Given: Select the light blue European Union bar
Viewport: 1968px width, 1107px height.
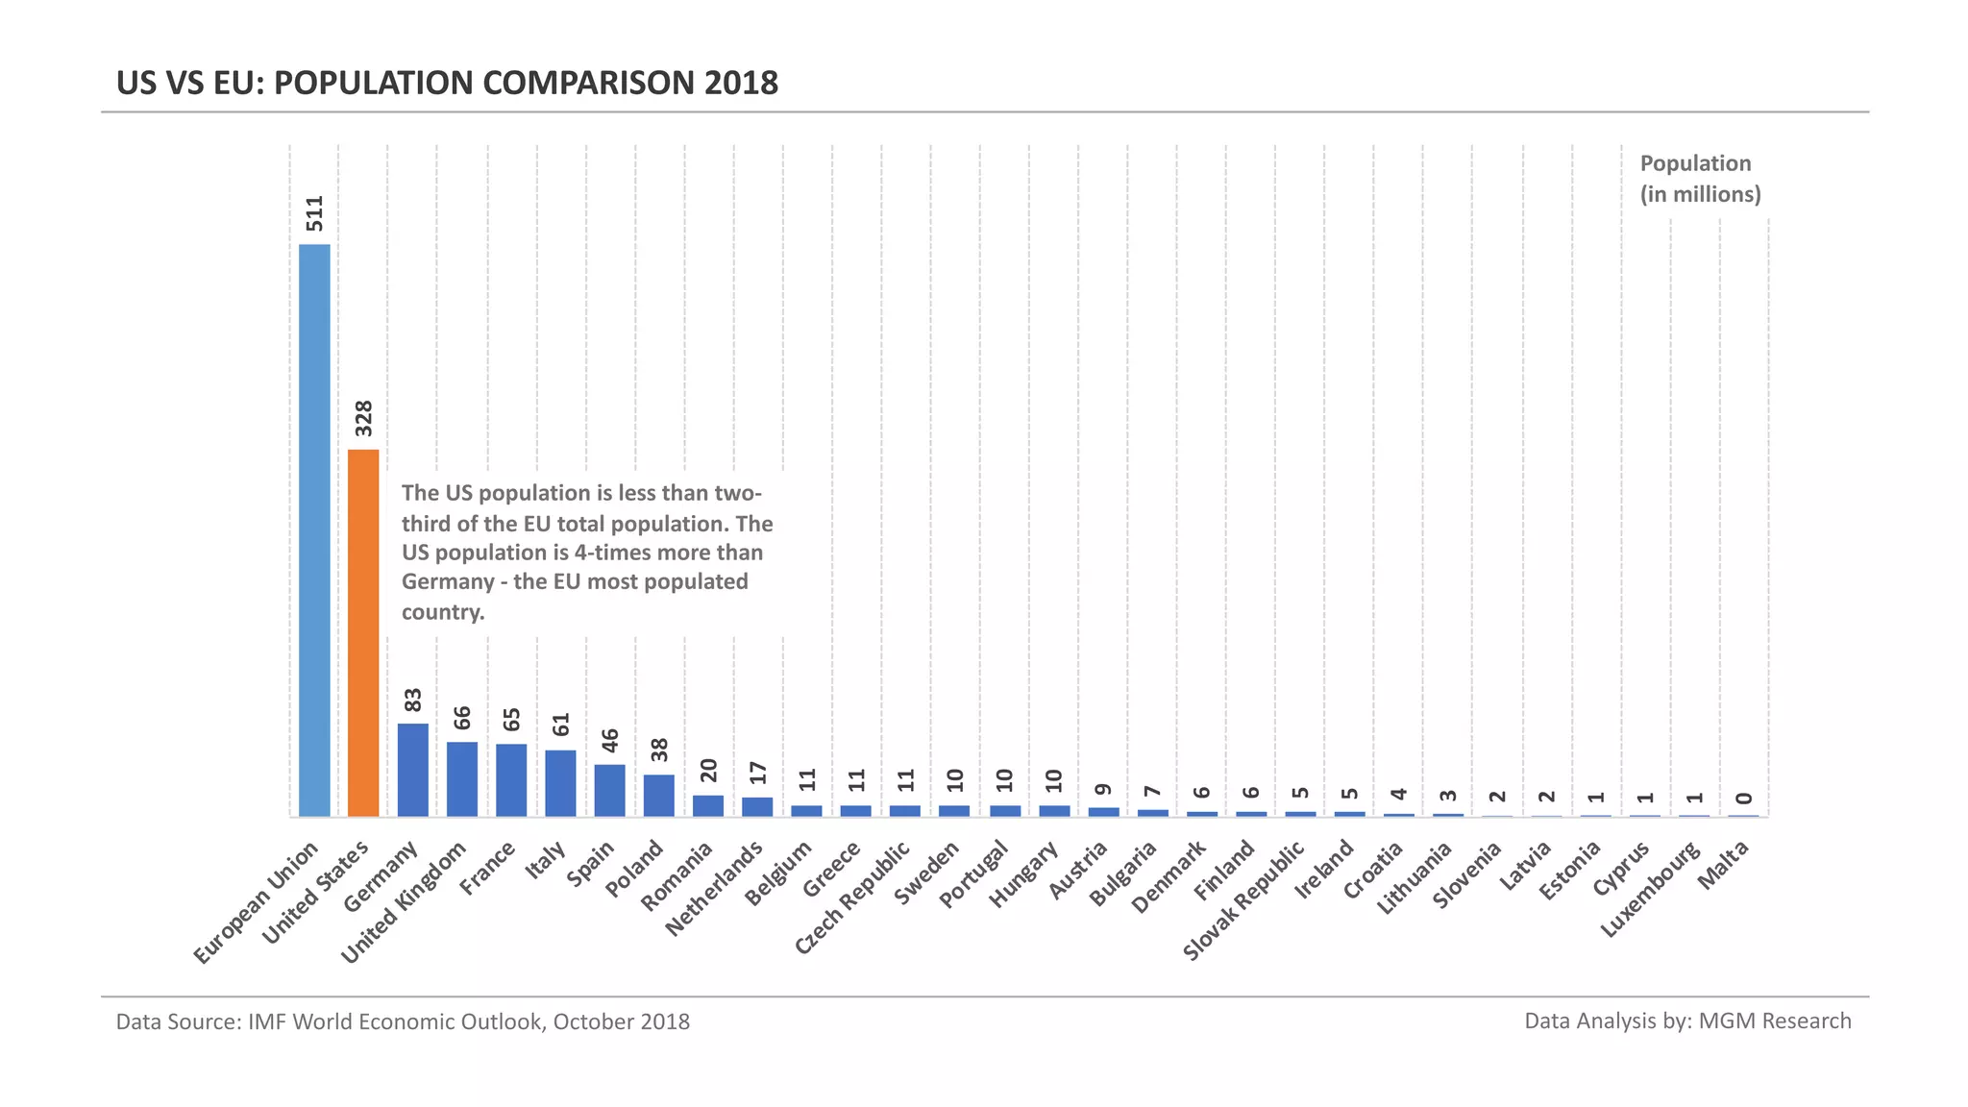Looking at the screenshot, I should (x=314, y=529).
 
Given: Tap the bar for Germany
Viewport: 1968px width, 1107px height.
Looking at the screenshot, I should (x=413, y=770).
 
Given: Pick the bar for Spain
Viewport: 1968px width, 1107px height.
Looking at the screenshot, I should (x=609, y=790).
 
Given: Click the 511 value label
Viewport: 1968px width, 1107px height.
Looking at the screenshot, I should (x=315, y=213).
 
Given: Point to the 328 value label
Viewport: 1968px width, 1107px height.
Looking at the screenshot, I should (x=364, y=418).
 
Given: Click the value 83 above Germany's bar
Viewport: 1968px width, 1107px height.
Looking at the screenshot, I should (x=413, y=700).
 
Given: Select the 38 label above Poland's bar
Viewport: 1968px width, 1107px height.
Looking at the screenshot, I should (x=659, y=750).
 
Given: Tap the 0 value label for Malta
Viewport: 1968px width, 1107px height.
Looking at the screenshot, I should (x=1744, y=799).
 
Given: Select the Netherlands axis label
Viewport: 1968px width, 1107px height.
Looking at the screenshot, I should (x=715, y=888).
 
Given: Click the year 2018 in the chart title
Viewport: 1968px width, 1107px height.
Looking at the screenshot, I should (x=741, y=84).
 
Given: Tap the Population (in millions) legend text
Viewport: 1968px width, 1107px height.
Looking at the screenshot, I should (x=1699, y=179).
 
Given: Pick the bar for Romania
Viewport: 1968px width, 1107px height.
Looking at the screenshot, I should (x=708, y=805).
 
